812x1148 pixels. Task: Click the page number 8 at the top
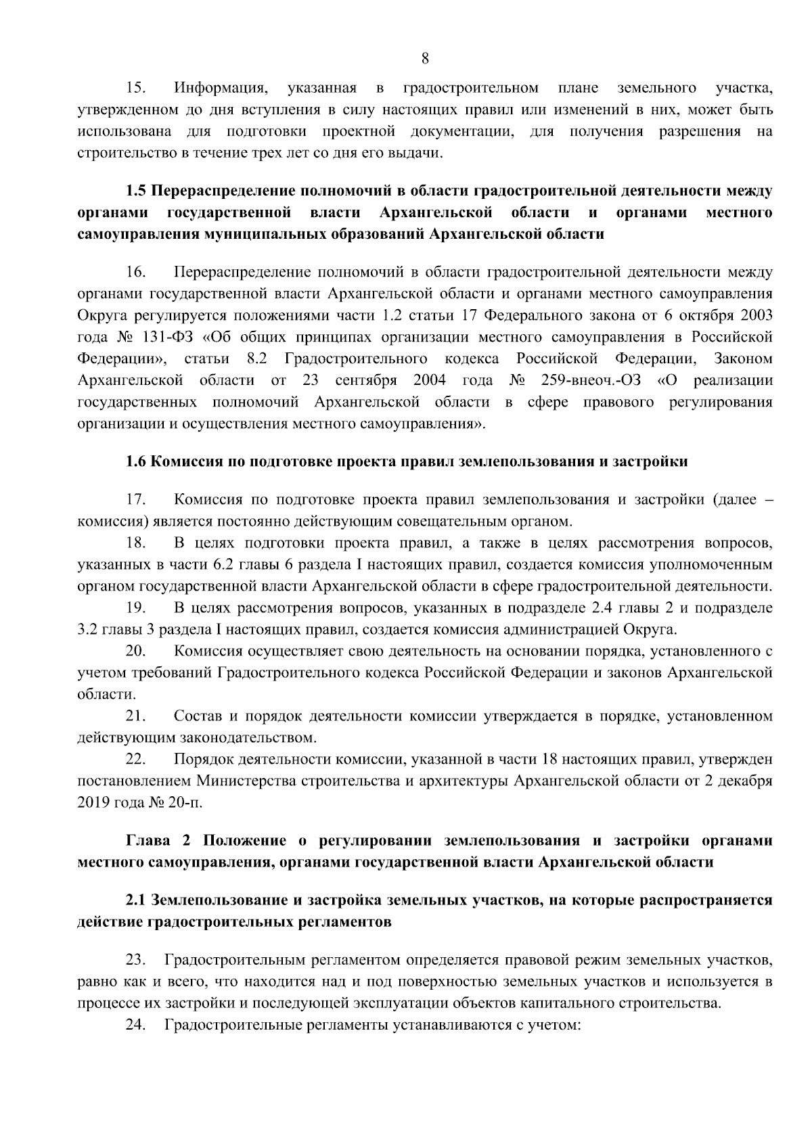(x=424, y=58)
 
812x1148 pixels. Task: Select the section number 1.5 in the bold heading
(x=136, y=191)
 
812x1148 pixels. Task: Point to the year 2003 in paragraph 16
(x=757, y=316)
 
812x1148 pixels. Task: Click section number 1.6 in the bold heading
(x=136, y=462)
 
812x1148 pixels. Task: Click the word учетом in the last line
(x=559, y=1025)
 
